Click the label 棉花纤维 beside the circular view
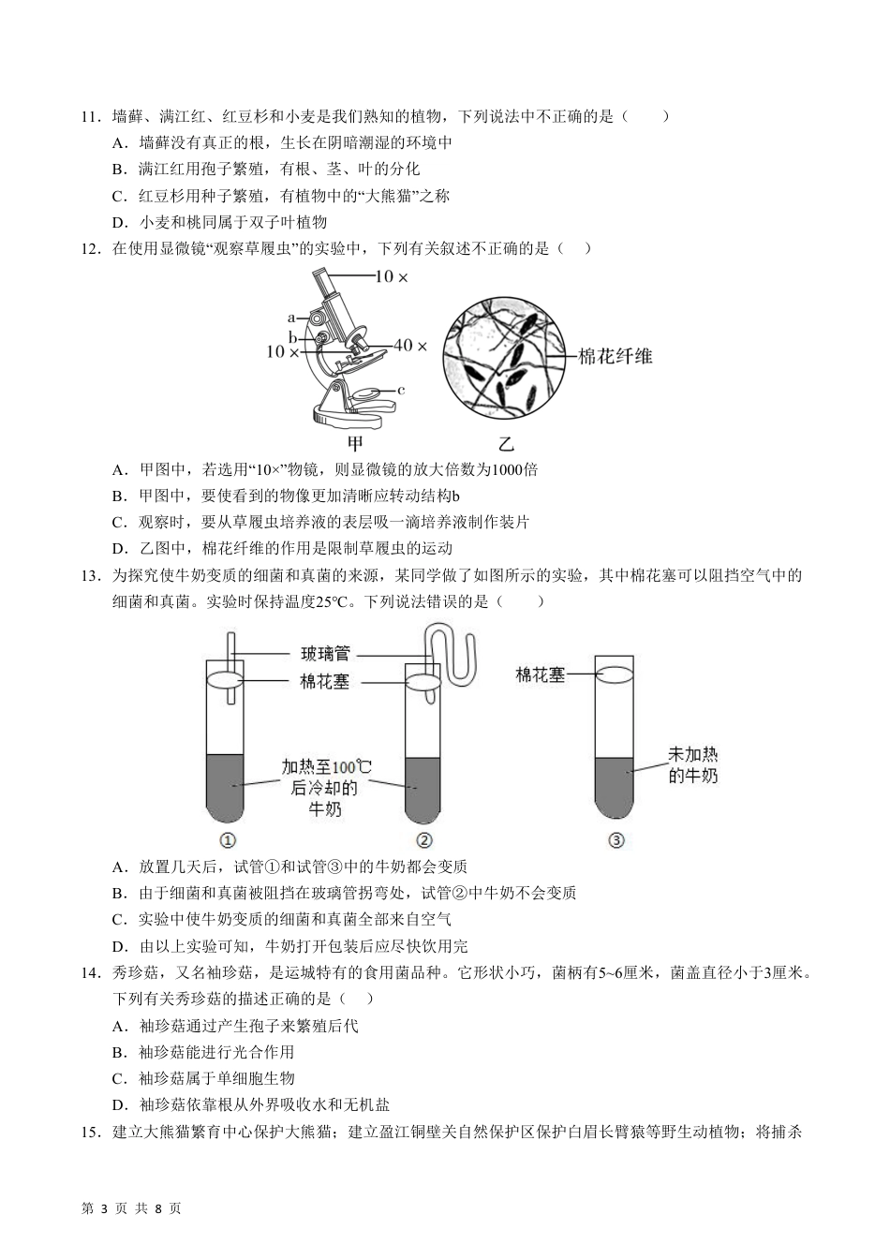click(616, 356)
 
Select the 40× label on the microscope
click(410, 346)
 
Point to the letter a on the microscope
click(291, 318)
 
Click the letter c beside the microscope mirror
click(401, 389)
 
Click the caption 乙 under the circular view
click(506, 443)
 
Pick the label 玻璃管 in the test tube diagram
click(325, 655)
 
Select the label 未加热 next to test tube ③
click(693, 754)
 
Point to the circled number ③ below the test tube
click(616, 840)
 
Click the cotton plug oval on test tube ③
click(616, 674)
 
